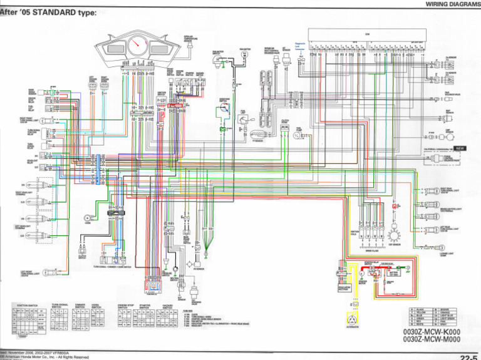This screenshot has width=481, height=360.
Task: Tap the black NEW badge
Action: tap(460, 148)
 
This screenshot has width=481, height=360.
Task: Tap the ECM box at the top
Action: tap(368, 33)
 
